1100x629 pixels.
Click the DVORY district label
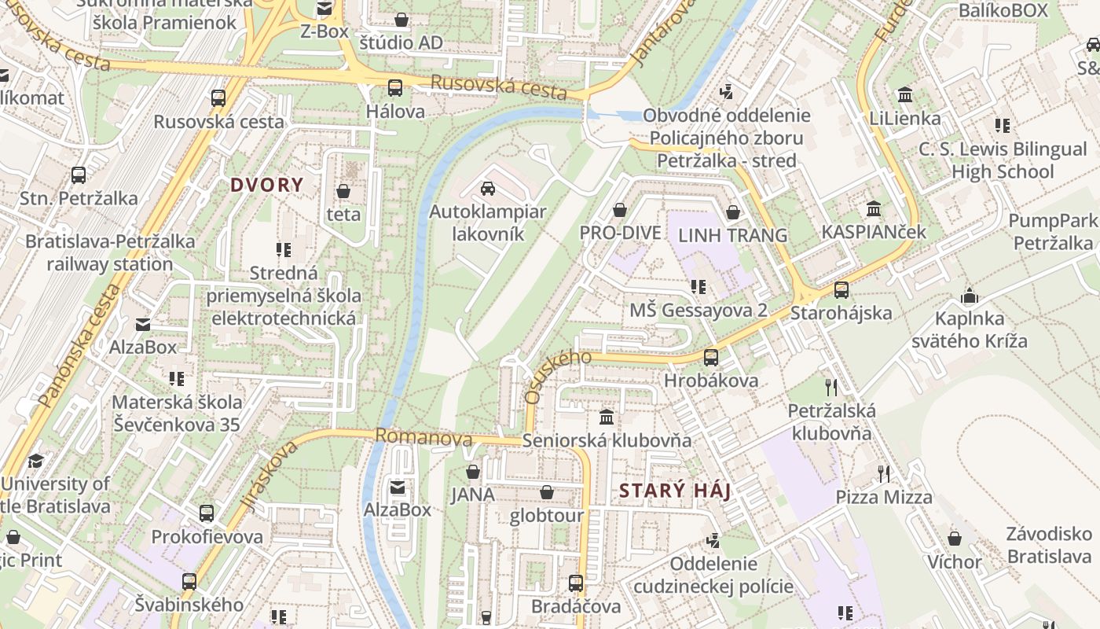point(266,186)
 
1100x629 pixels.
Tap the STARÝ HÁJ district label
point(675,491)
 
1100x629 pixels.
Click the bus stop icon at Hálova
point(395,88)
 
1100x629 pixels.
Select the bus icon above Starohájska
point(841,289)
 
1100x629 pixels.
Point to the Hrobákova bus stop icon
point(711,357)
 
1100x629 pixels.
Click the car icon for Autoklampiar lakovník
point(487,189)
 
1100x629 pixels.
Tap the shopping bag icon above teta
point(343,191)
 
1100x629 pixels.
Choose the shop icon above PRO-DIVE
point(620,210)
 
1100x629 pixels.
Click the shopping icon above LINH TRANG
point(733,212)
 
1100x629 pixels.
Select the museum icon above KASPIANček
point(874,209)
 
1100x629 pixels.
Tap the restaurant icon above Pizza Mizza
point(884,473)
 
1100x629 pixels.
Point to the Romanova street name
point(423,437)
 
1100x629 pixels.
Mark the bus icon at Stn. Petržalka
point(79,175)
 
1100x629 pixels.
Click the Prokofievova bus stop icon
point(207,513)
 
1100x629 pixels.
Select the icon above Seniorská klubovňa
point(607,417)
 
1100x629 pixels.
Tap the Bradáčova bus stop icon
point(576,583)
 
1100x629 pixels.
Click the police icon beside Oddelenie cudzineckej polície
point(713,540)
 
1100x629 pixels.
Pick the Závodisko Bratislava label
point(1049,545)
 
